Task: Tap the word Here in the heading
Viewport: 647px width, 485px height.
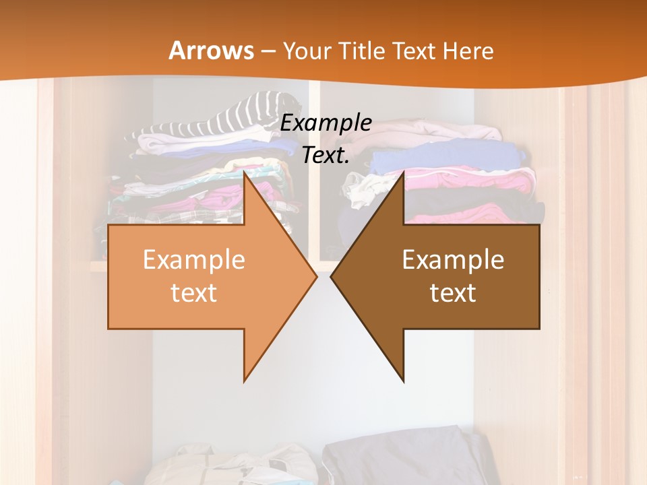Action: tap(469, 51)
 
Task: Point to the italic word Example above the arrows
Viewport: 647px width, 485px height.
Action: tap(326, 123)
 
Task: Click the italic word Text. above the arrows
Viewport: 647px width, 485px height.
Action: tap(326, 155)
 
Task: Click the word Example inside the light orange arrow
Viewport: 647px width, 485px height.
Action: tap(194, 260)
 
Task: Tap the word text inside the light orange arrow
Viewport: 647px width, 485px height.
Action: tap(194, 292)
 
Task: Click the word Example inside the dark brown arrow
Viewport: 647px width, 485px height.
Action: tap(453, 260)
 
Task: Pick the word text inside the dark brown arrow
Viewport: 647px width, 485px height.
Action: tap(453, 292)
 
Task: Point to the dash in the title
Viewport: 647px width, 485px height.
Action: tap(268, 52)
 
